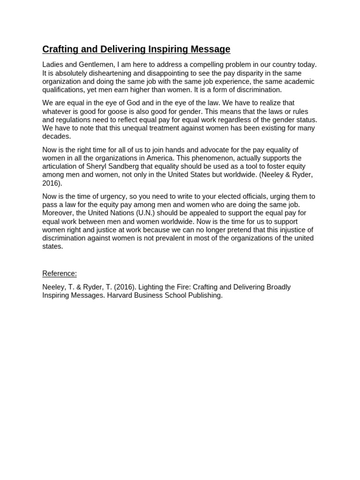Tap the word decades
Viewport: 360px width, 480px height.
(x=56, y=136)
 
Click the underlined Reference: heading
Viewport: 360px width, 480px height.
(x=60, y=274)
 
